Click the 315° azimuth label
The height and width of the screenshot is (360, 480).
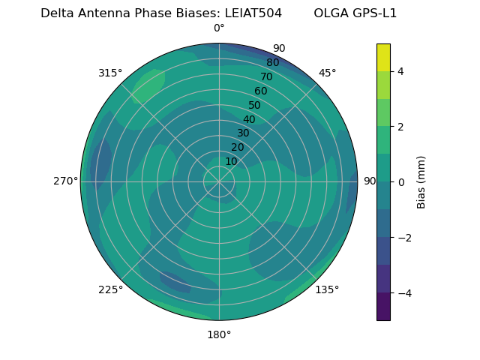point(109,73)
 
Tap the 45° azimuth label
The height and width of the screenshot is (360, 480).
point(327,73)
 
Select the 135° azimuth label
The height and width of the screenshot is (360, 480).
point(327,289)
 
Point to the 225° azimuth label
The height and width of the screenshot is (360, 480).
point(110,289)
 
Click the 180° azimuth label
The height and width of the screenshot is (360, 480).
point(219,334)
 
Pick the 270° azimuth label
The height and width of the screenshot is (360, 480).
point(65,181)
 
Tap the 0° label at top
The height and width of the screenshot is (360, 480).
point(219,28)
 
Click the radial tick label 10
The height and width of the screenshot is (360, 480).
point(231,161)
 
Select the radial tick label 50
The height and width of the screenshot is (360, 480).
point(255,105)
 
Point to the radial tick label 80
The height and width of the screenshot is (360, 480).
point(272,62)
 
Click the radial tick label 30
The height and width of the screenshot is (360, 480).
point(243,133)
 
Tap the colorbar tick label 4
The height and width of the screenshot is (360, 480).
point(401,71)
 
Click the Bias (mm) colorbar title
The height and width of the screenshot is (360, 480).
point(421,182)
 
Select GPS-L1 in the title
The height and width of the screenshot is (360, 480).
point(373,13)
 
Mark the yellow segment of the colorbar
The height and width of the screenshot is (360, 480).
point(383,57)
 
